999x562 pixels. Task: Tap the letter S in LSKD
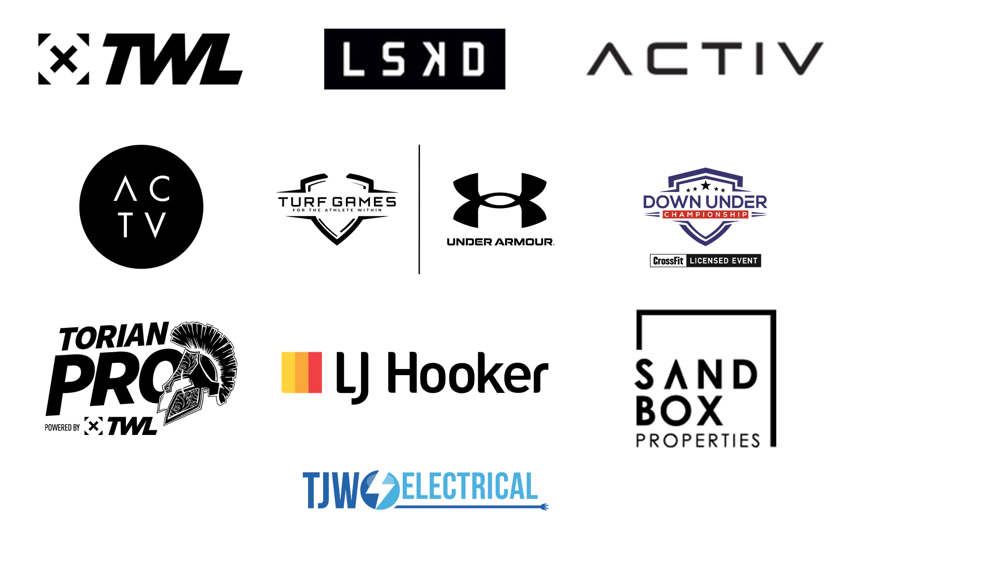pyautogui.click(x=393, y=59)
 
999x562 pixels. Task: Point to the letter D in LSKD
pyautogui.click(x=473, y=59)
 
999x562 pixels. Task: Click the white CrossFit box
pyautogui.click(x=668, y=261)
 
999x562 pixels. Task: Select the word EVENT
pyautogui.click(x=745, y=261)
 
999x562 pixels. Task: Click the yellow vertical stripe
pyautogui.click(x=288, y=376)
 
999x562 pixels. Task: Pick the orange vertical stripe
pyautogui.click(x=302, y=376)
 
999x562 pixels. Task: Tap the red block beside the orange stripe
pyautogui.click(x=323, y=376)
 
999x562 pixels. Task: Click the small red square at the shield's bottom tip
pyautogui.click(x=708, y=250)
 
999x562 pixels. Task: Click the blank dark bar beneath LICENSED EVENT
pyautogui.click(x=708, y=275)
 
